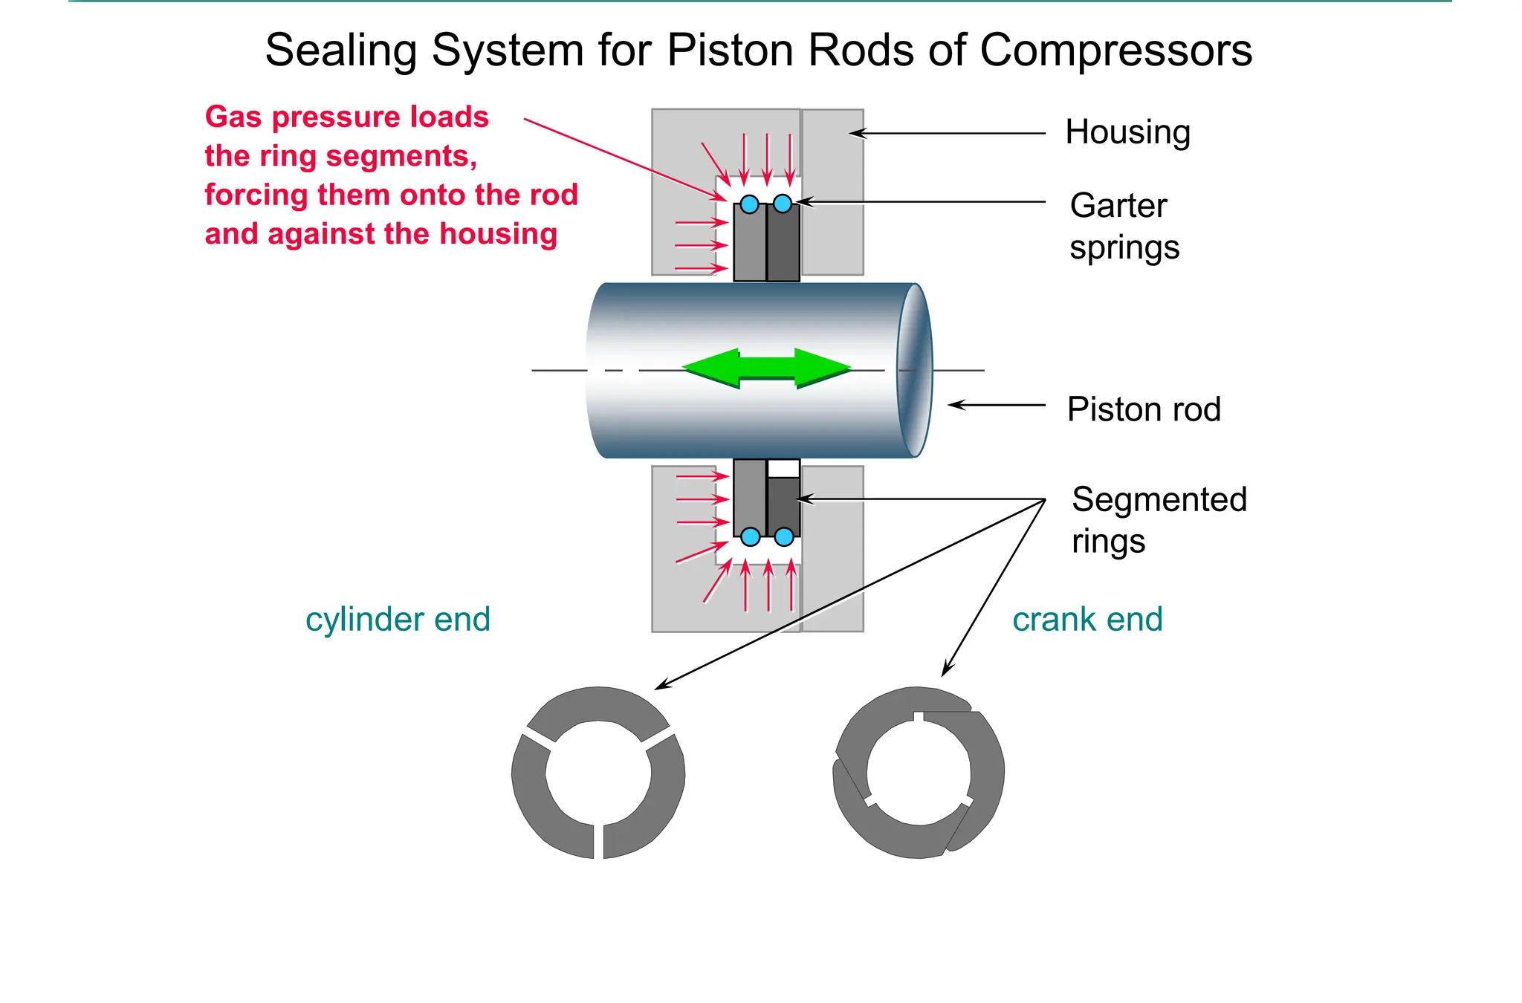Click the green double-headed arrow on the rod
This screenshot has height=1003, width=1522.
click(767, 368)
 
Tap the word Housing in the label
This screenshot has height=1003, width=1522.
click(1127, 132)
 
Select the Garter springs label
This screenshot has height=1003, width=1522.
click(1124, 226)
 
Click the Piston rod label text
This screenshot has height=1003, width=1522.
click(1144, 409)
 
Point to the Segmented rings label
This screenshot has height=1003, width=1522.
click(1158, 519)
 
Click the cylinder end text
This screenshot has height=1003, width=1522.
click(398, 619)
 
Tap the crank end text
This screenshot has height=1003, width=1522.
click(1087, 619)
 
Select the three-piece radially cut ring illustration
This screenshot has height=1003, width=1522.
click(598, 773)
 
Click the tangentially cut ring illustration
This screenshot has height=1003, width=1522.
click(919, 773)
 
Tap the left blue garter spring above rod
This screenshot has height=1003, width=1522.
click(750, 204)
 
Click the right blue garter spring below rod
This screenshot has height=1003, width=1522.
click(784, 536)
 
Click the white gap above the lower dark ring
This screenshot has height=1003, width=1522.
click(783, 469)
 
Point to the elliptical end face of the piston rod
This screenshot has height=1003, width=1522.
click(915, 370)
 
